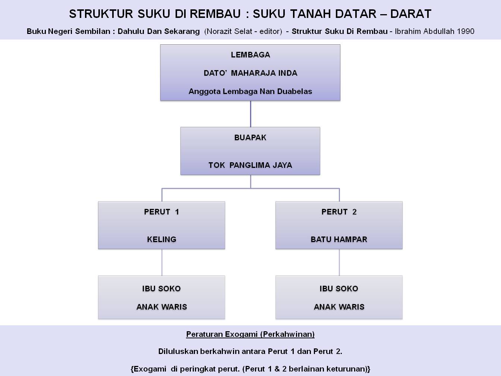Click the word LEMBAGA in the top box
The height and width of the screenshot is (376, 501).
250,55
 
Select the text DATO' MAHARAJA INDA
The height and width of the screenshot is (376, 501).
250,73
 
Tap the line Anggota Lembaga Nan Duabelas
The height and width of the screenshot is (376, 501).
250,91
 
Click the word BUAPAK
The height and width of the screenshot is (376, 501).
250,138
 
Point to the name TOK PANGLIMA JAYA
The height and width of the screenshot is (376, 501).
250,165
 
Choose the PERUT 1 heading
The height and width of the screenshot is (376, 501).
161,212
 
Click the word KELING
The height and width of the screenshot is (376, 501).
161,239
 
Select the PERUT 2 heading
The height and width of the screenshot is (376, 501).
339,212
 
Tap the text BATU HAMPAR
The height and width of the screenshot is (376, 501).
339,239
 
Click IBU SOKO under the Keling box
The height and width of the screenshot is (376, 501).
161,289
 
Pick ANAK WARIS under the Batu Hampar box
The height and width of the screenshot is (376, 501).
339,307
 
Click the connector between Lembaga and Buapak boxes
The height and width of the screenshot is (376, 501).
250,114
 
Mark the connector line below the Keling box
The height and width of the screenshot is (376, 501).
162,262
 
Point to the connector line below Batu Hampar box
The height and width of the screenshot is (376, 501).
339,262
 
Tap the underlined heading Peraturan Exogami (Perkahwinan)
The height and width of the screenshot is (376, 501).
250,334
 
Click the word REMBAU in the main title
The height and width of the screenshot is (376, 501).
215,14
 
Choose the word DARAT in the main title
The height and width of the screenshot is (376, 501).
411,14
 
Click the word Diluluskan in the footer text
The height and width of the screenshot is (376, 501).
178,351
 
